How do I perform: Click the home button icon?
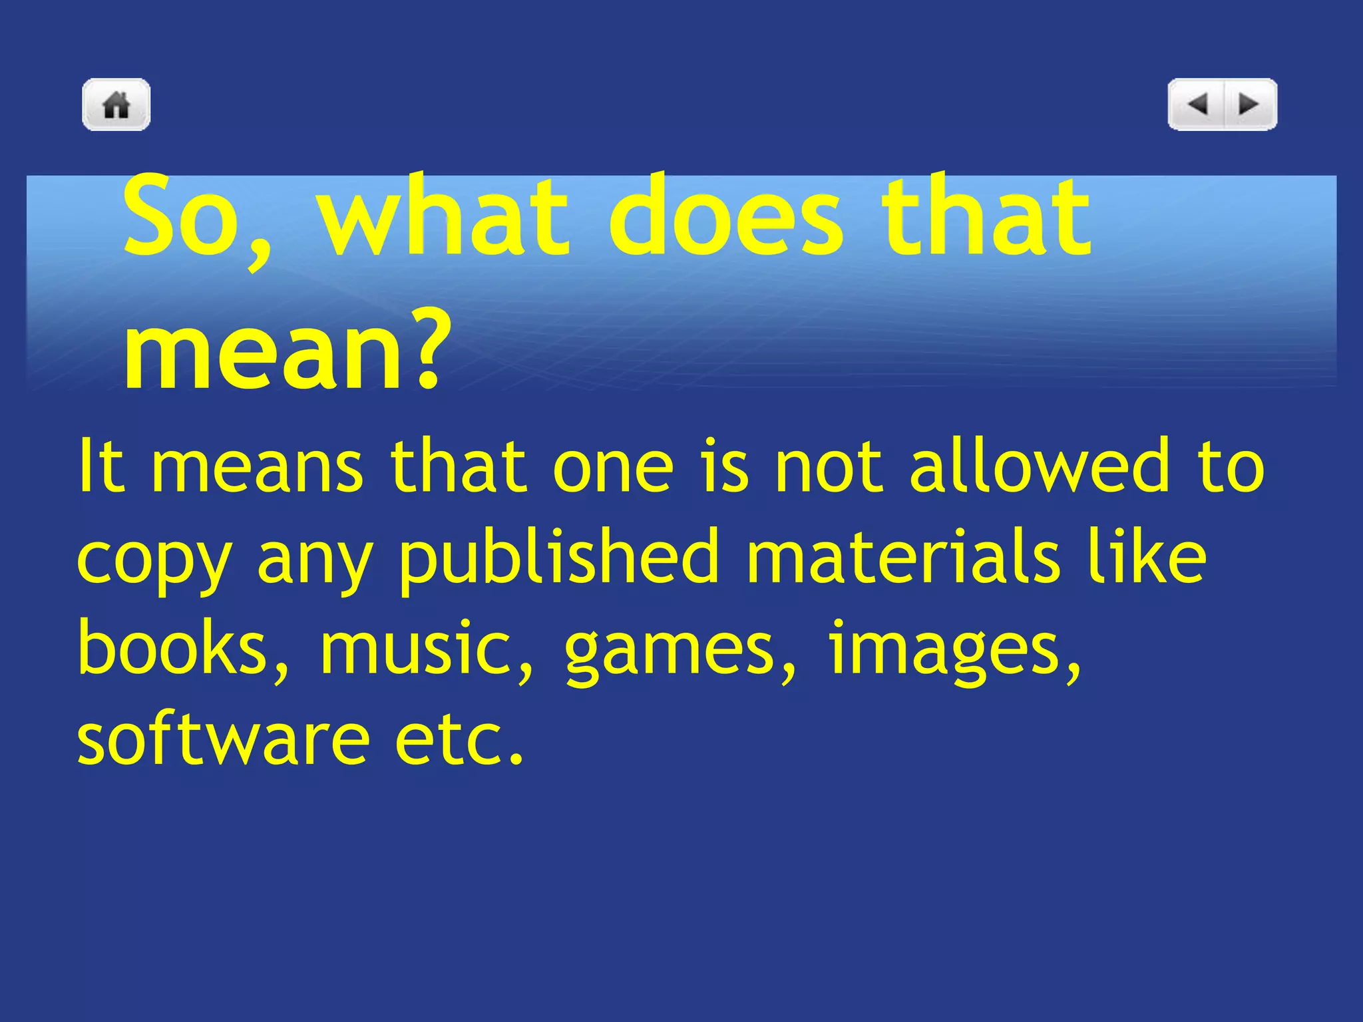(116, 104)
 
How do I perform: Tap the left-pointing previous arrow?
(1198, 104)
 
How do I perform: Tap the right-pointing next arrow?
(1249, 104)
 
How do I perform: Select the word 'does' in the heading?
(725, 216)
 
